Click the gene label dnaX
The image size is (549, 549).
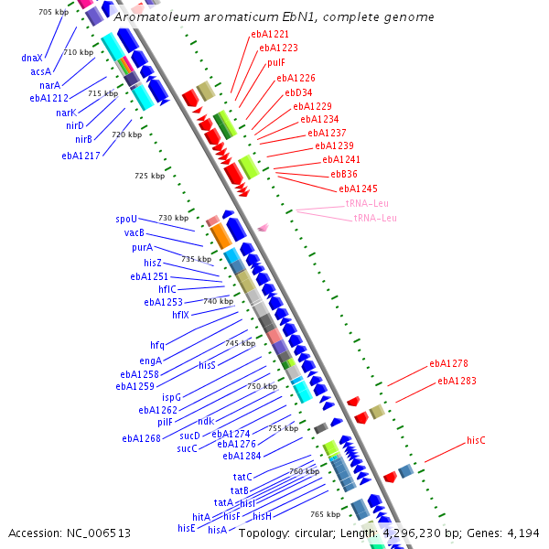(33, 58)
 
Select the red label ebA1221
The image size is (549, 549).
(270, 34)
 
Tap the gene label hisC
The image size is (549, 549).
(476, 440)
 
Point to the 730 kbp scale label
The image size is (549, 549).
(173, 218)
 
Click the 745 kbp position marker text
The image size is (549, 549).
(239, 342)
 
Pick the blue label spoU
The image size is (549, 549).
(126, 220)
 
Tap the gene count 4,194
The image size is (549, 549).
(523, 533)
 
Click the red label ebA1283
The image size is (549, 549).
(457, 381)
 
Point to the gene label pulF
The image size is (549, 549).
(276, 62)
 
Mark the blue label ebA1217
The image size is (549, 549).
(81, 156)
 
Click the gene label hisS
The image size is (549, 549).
(207, 365)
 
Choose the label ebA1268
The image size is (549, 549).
(141, 438)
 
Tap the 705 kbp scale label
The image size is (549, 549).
(54, 12)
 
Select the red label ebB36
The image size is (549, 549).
(344, 174)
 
